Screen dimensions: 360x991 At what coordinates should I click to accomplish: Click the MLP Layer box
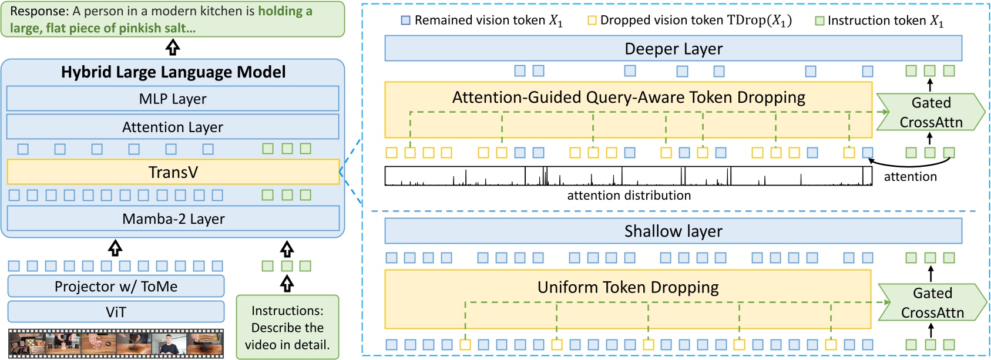click(x=173, y=99)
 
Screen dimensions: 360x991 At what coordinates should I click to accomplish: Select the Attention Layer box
click(x=173, y=127)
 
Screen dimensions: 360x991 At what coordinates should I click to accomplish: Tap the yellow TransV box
click(x=173, y=172)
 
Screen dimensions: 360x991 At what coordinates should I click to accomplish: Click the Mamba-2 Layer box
click(x=173, y=218)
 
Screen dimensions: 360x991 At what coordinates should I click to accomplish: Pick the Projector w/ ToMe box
click(x=116, y=286)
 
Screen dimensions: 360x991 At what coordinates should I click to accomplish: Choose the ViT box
click(x=116, y=312)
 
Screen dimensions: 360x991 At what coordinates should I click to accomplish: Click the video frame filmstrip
click(x=116, y=344)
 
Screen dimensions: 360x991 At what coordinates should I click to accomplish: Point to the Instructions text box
click(x=287, y=327)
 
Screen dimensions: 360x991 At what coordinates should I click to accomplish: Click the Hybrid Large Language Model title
click(x=173, y=72)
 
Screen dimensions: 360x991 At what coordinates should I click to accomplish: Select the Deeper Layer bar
click(x=673, y=49)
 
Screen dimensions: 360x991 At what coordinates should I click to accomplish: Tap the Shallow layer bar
click(x=673, y=231)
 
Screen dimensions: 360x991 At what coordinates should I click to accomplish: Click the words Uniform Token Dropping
click(x=628, y=287)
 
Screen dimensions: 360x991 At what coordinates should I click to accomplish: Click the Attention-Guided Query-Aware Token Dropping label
click(x=629, y=97)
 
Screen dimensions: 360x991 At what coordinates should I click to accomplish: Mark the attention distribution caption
click(x=629, y=195)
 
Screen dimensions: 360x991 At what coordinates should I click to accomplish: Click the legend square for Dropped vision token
click(x=592, y=21)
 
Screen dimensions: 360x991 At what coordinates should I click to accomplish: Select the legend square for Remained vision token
click(x=405, y=21)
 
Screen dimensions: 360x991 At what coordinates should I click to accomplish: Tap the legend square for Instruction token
click(x=819, y=21)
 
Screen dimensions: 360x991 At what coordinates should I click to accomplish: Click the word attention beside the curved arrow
click(x=910, y=177)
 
